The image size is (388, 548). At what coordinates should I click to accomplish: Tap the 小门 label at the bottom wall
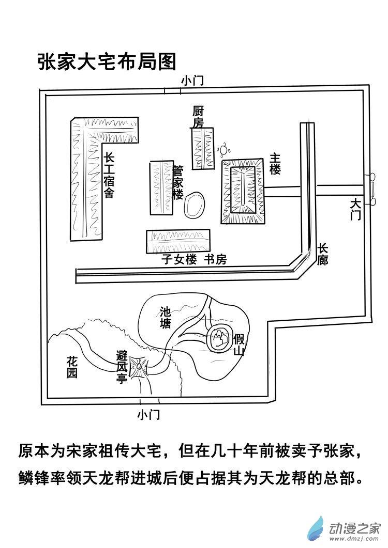point(148,414)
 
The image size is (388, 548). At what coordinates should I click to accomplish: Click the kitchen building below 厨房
point(203,148)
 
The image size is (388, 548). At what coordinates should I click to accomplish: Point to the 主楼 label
point(275,164)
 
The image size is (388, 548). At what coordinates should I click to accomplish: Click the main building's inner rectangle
point(242,191)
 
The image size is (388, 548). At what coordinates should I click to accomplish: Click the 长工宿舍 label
point(109,176)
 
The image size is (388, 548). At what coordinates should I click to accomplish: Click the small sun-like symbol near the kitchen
point(224,150)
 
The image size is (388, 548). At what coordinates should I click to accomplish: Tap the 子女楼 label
point(179,260)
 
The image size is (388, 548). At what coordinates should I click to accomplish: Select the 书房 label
point(214,260)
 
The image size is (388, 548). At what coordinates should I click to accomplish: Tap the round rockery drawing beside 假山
point(220,339)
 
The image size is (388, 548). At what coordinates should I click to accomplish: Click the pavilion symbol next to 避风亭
point(139,367)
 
